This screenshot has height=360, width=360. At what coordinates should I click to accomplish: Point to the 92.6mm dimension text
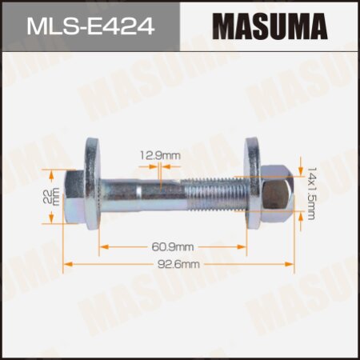tap(178, 262)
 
